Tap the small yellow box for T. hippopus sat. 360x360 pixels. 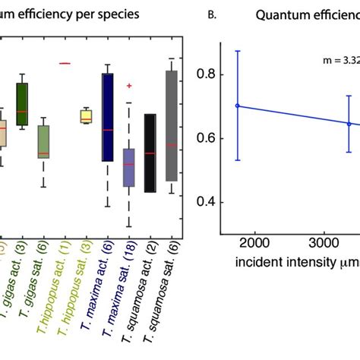pos(86,116)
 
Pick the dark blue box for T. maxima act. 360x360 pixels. pos(108,117)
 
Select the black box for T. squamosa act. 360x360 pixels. pos(150,153)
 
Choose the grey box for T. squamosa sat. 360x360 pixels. pos(172,125)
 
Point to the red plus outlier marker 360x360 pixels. pos(129,86)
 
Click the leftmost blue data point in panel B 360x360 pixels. pos(238,106)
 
